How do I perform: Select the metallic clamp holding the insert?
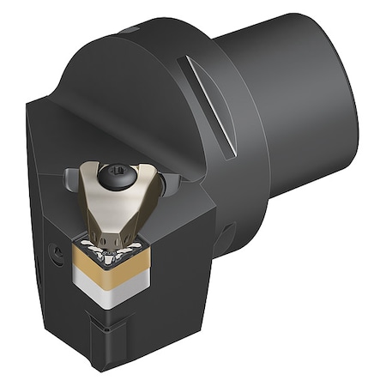[x=108, y=202]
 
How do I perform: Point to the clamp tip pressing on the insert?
[x=105, y=230]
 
